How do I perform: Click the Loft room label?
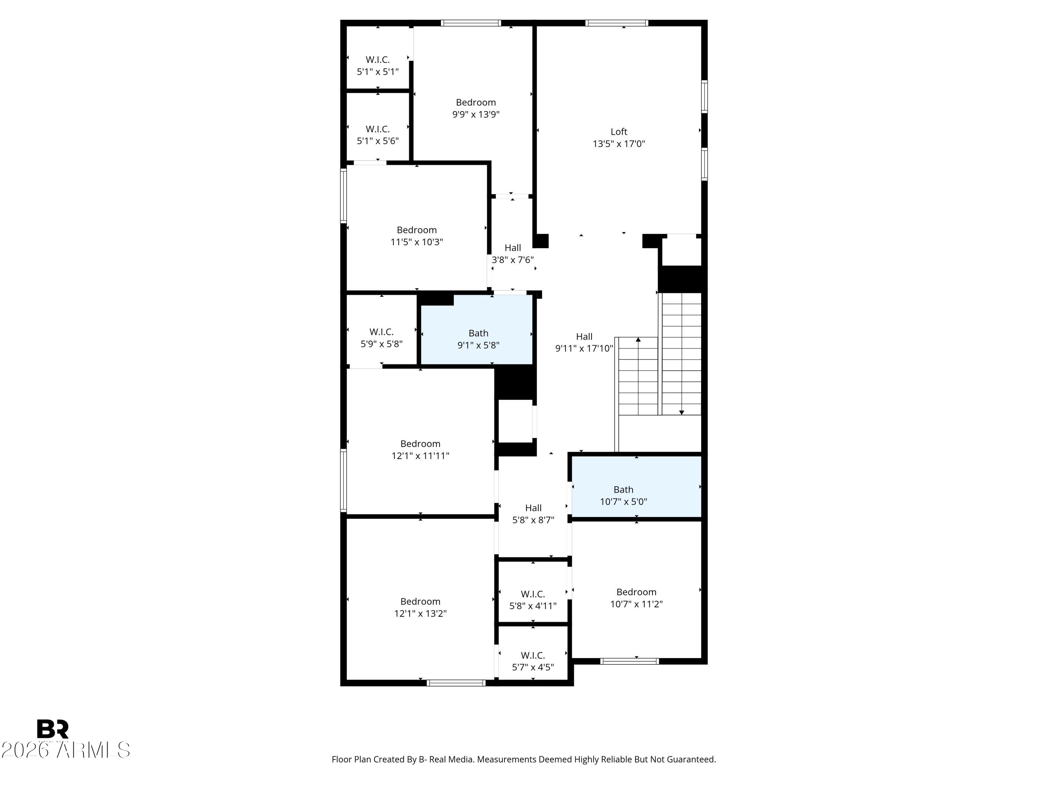tap(619, 132)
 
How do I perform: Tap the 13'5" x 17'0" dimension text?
tap(619, 144)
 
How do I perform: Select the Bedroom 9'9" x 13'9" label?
tap(476, 108)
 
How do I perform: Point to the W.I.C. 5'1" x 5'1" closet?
tap(378, 57)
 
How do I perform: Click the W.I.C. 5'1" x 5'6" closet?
tap(378, 126)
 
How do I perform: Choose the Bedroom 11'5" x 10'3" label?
tap(416, 235)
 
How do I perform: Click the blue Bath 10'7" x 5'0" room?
tap(636, 487)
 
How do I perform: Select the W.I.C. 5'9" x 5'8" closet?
tap(381, 330)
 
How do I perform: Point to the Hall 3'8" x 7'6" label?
tap(512, 254)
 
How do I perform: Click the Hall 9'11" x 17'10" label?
tap(584, 342)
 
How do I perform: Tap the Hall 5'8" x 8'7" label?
tap(533, 514)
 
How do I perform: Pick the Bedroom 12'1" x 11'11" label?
tap(420, 450)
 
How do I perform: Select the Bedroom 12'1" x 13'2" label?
tap(420, 607)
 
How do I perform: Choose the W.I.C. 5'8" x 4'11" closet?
tap(533, 591)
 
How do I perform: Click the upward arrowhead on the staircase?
tap(638, 339)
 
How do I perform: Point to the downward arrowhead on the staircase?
tap(681, 412)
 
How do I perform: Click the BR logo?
tap(53, 729)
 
